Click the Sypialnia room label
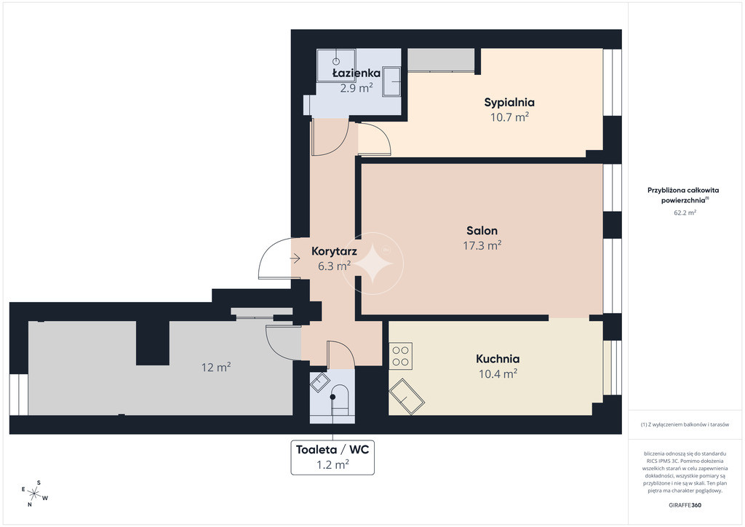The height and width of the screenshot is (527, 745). [x=509, y=102]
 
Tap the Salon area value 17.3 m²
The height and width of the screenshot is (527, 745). [x=482, y=245]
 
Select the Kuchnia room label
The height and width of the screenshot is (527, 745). [x=498, y=359]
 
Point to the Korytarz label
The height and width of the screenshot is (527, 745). [x=334, y=251]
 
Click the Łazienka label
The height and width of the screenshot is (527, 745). [x=356, y=73]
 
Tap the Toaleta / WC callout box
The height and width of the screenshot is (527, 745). [x=332, y=457]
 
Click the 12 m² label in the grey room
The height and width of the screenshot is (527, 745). [x=216, y=367]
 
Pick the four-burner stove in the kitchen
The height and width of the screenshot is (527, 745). [x=401, y=356]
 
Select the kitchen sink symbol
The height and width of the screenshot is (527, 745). [x=407, y=396]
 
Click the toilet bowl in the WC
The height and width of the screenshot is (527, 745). [x=340, y=399]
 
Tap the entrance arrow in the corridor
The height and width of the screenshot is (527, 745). [x=295, y=259]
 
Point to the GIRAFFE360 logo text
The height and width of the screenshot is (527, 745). [x=685, y=505]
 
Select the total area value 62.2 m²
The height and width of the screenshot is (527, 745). [x=685, y=213]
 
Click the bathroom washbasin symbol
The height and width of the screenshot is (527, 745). [x=391, y=82]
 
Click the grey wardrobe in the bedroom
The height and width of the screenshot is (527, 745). [x=441, y=60]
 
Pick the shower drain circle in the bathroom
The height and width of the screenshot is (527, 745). [x=336, y=61]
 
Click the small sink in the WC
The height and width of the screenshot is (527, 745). [x=320, y=382]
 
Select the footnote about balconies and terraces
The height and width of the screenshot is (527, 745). [x=685, y=424]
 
